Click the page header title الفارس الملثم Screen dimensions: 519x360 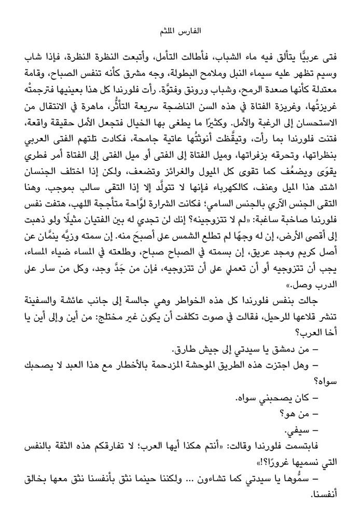179,32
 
